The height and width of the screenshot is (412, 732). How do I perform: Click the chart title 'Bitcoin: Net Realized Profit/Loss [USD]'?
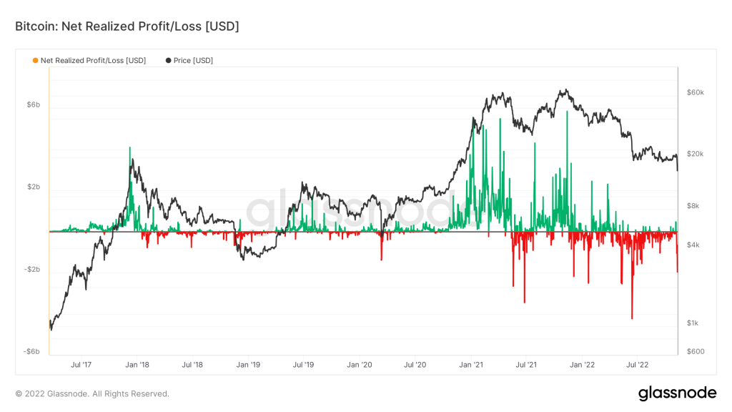click(x=127, y=26)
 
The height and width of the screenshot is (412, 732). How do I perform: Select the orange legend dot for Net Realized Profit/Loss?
click(x=36, y=61)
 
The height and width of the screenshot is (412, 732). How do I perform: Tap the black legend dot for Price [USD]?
click(x=168, y=61)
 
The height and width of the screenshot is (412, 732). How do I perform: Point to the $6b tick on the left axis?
click(x=33, y=104)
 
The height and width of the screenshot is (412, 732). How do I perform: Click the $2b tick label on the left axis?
click(x=33, y=187)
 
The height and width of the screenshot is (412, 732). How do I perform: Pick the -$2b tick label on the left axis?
click(x=32, y=270)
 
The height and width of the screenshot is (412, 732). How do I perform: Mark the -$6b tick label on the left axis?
click(x=32, y=351)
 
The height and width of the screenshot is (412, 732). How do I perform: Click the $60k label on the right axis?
click(x=695, y=92)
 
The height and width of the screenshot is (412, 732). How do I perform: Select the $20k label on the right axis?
click(x=695, y=154)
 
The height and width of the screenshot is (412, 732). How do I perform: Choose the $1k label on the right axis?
click(x=693, y=323)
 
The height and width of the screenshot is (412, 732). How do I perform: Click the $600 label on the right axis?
click(x=695, y=351)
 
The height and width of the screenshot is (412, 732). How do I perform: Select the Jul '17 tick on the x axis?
click(x=81, y=365)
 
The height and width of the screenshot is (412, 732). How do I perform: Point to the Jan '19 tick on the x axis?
click(x=248, y=365)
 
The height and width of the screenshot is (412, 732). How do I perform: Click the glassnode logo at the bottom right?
click(x=676, y=393)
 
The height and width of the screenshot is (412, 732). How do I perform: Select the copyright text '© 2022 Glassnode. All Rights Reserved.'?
click(x=92, y=393)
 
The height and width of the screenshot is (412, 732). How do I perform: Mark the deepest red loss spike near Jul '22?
click(x=632, y=318)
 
